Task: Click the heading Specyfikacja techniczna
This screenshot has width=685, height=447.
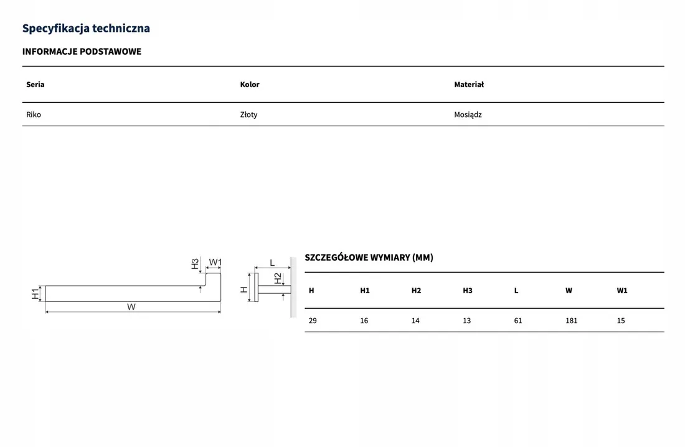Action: tap(86, 29)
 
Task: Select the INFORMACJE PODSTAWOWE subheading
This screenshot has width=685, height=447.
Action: tap(82, 52)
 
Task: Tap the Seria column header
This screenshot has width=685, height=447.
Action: tap(35, 84)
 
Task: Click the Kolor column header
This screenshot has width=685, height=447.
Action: tap(250, 84)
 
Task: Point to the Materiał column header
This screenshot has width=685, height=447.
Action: tap(469, 84)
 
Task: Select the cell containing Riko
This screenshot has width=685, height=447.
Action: tap(34, 115)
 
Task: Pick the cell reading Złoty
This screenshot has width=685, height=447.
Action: tap(248, 115)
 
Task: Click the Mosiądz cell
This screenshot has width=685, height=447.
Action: tap(468, 115)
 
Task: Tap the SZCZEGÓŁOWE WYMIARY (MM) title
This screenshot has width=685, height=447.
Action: tap(369, 257)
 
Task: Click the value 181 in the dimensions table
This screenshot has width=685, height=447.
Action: tap(572, 321)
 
